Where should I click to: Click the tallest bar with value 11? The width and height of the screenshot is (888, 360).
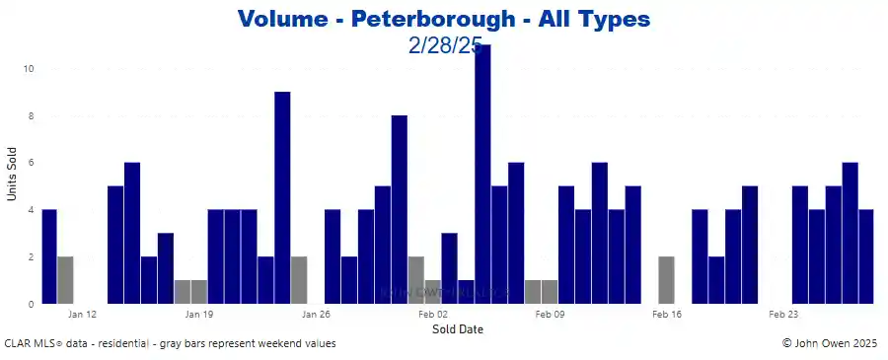(482, 175)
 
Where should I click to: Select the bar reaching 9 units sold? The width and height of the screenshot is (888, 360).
(282, 197)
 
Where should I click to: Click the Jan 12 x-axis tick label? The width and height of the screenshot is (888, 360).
(83, 315)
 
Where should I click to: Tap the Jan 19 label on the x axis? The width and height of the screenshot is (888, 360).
(199, 315)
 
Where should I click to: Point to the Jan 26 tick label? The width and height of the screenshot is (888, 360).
(316, 315)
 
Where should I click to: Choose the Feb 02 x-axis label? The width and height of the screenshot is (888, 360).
(433, 315)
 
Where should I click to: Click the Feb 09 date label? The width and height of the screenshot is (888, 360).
(550, 315)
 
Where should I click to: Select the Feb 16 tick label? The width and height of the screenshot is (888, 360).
(667, 315)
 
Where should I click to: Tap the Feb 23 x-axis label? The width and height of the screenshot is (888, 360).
(783, 315)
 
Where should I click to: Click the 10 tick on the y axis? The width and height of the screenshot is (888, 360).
(30, 69)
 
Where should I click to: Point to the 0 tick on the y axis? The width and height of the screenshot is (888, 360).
(32, 304)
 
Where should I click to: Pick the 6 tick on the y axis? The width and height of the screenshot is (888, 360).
(32, 163)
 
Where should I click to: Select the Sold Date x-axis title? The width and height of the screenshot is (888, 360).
(458, 329)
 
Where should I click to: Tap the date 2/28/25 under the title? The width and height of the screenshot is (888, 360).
(443, 45)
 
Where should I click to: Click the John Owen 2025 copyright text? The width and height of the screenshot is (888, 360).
(829, 344)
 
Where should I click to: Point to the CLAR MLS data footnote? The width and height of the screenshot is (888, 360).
(170, 344)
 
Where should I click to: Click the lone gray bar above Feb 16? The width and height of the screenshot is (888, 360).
(666, 280)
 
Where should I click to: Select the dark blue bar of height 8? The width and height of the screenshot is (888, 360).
(399, 209)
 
